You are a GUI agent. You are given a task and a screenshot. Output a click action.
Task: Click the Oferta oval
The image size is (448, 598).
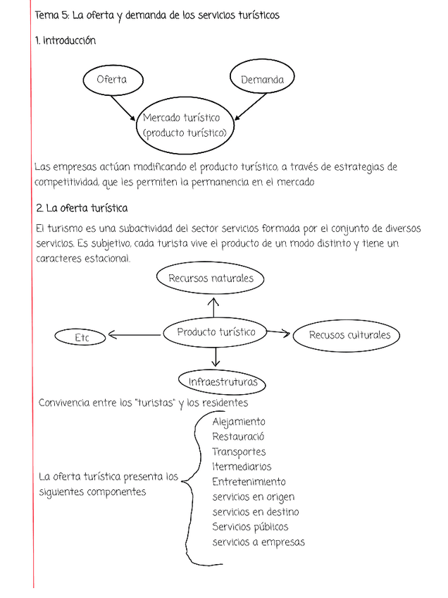(112, 79)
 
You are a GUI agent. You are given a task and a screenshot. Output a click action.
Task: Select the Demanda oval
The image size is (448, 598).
(262, 79)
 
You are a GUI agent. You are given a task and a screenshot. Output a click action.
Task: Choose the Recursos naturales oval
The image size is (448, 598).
(211, 279)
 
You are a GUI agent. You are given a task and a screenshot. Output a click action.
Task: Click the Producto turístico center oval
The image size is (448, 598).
(216, 332)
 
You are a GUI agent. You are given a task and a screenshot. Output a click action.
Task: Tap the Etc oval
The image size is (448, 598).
(80, 338)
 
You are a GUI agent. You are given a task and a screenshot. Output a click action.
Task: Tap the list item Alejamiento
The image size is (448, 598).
(238, 422)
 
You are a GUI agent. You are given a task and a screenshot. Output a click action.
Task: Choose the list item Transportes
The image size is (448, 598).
(239, 451)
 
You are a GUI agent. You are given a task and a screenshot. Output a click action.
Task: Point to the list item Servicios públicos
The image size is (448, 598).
(250, 527)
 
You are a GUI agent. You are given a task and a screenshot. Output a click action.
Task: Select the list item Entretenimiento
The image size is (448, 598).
(249, 482)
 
